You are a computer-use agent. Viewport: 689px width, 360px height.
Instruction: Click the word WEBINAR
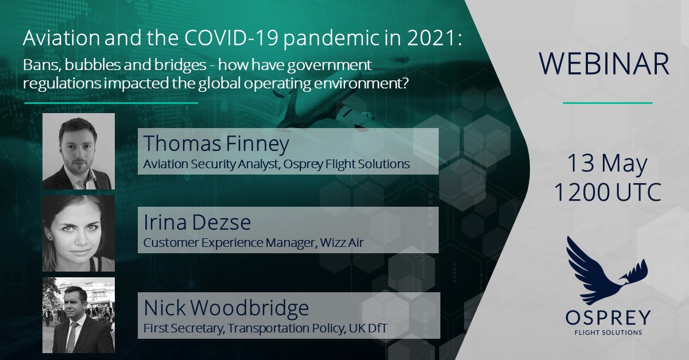604,64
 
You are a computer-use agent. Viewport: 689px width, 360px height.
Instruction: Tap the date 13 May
607,163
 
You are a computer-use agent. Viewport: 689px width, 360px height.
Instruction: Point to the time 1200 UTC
607,192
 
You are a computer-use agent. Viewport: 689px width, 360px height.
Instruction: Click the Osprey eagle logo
607,271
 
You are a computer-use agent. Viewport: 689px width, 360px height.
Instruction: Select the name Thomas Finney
216,144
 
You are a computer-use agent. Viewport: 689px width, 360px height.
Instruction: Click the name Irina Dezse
197,222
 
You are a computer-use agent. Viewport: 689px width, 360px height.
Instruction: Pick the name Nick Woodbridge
226,308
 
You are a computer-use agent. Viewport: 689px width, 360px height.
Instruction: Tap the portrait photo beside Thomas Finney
79,151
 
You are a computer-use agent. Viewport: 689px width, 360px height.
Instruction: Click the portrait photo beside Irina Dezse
79,233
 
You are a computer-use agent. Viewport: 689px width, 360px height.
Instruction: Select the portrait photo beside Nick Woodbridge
79,315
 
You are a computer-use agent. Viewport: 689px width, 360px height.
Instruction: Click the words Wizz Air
342,242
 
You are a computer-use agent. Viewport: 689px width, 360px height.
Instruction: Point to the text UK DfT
368,328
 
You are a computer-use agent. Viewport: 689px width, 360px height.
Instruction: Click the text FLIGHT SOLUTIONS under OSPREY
608,332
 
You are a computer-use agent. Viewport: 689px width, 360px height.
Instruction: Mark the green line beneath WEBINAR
607,103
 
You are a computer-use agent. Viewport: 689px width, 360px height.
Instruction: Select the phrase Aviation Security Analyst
211,164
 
